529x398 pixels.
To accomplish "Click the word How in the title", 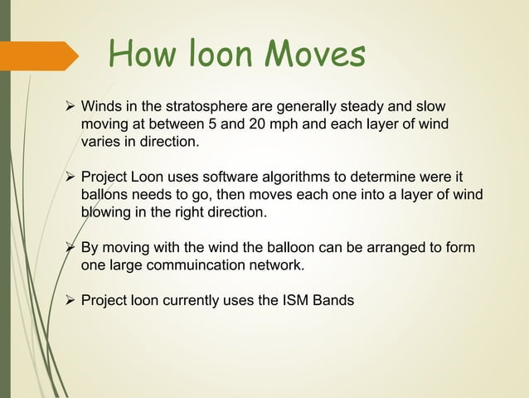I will [x=138, y=56].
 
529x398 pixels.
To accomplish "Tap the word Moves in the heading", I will [x=314, y=56].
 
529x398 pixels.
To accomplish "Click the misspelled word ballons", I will [x=104, y=195].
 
